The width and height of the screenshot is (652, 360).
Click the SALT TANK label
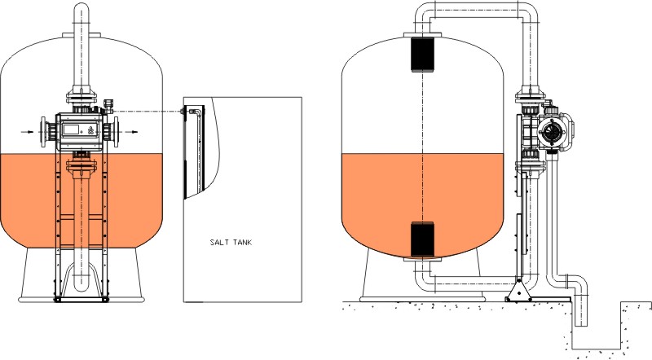231,243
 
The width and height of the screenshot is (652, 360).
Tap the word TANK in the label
241,243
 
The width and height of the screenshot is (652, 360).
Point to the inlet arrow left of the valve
28,132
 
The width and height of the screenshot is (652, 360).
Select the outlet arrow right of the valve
131,132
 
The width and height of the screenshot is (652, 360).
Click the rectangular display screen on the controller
71,130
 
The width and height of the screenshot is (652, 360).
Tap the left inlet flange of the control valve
43,132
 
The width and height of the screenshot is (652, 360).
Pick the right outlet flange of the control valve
116,132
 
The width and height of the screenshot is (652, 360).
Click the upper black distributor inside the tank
422,54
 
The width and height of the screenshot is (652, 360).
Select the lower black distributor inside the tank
422,239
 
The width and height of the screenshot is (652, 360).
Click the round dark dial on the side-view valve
552,132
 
